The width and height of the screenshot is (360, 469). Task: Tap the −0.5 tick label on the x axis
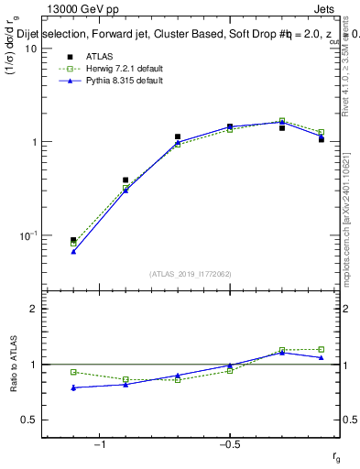click(x=229, y=445)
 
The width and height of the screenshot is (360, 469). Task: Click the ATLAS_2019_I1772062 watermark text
click(x=191, y=274)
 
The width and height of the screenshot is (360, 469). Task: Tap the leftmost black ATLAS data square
click(x=73, y=240)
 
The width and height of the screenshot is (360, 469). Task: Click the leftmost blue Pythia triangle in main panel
click(x=73, y=251)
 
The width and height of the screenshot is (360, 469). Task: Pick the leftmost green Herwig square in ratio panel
click(x=73, y=372)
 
